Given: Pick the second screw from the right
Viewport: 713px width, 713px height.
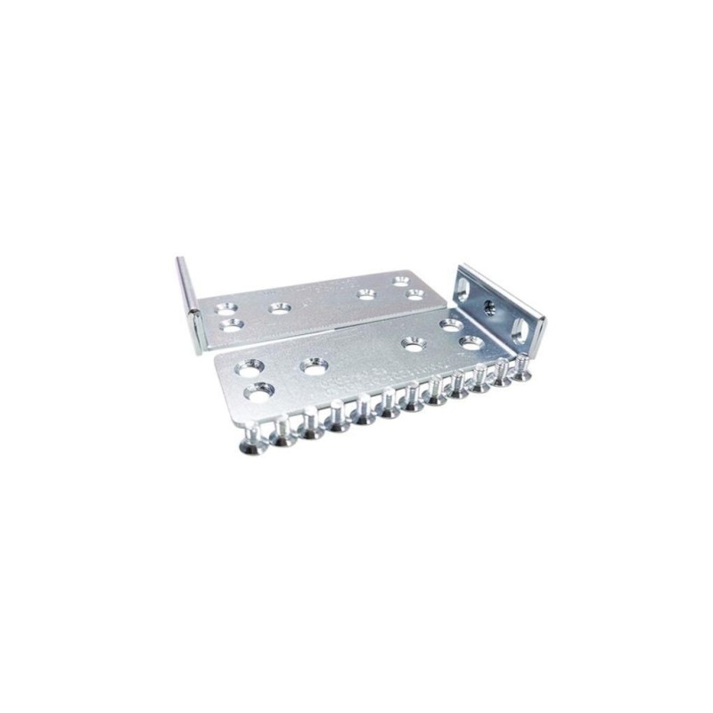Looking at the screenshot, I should (502, 376).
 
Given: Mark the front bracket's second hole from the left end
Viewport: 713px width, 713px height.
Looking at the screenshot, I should (313, 365).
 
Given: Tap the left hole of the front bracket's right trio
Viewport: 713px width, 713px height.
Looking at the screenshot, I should (412, 342).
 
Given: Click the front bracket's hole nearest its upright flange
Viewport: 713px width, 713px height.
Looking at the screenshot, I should (471, 340).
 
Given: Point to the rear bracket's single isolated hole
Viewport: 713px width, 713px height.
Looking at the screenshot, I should (279, 308).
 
